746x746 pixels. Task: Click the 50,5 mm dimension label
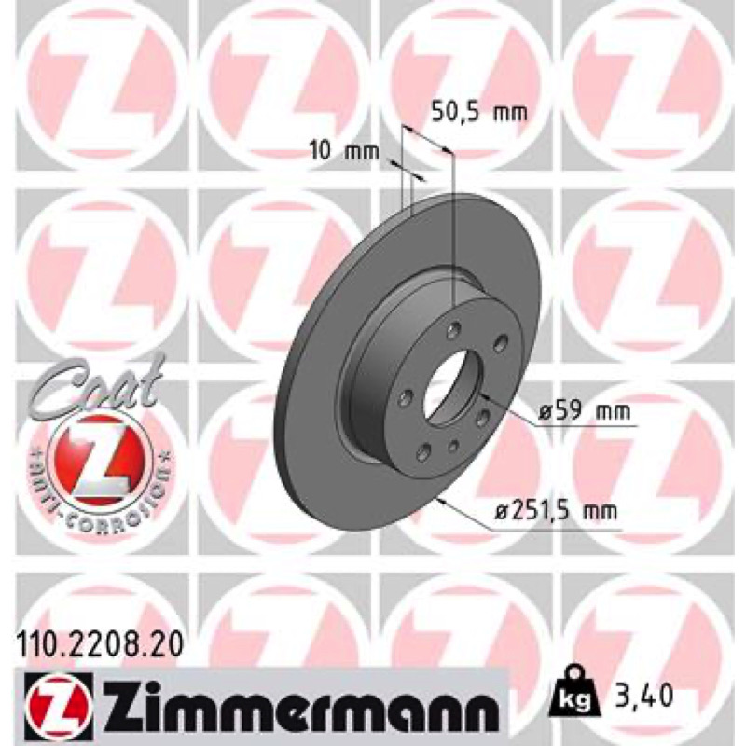[479, 112]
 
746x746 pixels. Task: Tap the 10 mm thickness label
[344, 151]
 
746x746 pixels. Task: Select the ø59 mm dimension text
[585, 410]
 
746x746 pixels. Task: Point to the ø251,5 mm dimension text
[556, 511]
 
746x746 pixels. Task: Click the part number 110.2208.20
[100, 644]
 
